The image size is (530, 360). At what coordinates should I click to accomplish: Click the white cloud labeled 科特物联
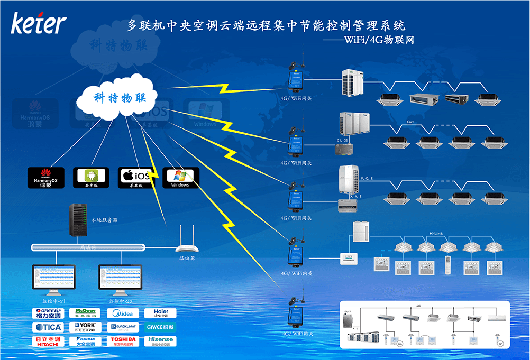[x=117, y=99]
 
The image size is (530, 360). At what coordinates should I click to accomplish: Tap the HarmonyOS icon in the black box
[x=45, y=178]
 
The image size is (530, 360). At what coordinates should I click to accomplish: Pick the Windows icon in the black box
[x=180, y=178]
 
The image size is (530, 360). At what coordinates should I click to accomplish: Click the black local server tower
[x=79, y=220]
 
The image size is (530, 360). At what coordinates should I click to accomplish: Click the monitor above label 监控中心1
[x=54, y=279]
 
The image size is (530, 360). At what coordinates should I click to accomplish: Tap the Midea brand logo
[x=123, y=313]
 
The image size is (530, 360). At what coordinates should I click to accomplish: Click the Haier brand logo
[x=160, y=313]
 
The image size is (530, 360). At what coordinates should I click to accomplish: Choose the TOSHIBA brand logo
[x=123, y=341]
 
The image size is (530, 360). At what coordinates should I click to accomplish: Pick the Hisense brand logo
[x=160, y=341]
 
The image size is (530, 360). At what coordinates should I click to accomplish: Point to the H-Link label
[x=436, y=233]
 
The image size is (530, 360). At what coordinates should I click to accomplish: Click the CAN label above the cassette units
[x=410, y=122]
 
